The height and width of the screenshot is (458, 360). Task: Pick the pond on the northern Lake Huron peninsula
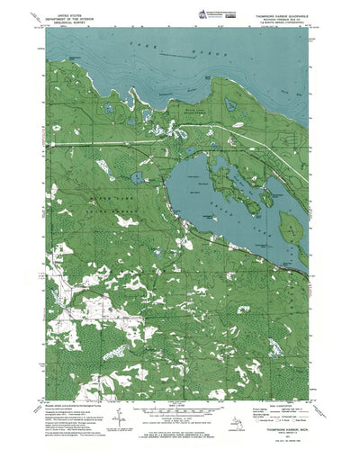[x=230, y=105]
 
